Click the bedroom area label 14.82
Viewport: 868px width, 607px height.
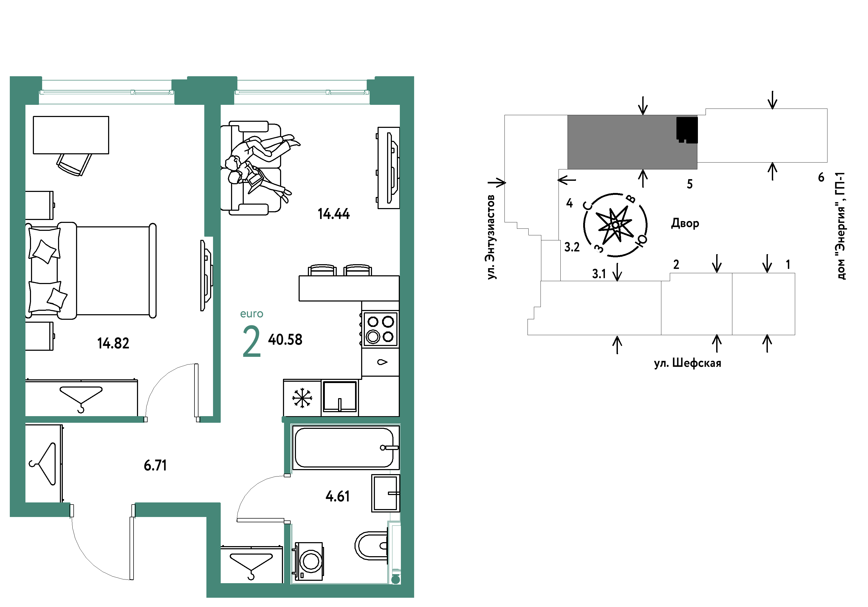[x=113, y=343]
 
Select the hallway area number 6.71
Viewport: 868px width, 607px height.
[x=155, y=465]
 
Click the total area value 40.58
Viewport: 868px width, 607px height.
[x=285, y=340]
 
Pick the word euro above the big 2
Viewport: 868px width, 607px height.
[x=252, y=314]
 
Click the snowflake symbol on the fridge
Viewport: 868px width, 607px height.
[x=302, y=398]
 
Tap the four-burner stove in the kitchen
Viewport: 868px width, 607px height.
[x=380, y=329]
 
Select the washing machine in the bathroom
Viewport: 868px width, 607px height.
[x=309, y=561]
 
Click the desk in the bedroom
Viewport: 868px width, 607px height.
[x=71, y=135]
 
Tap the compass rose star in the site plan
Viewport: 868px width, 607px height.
[x=615, y=226]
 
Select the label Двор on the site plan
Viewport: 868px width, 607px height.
[x=685, y=223]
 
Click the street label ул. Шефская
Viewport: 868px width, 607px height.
[x=688, y=363]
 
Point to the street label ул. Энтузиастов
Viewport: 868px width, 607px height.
[x=491, y=237]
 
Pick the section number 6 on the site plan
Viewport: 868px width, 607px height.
[x=821, y=177]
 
